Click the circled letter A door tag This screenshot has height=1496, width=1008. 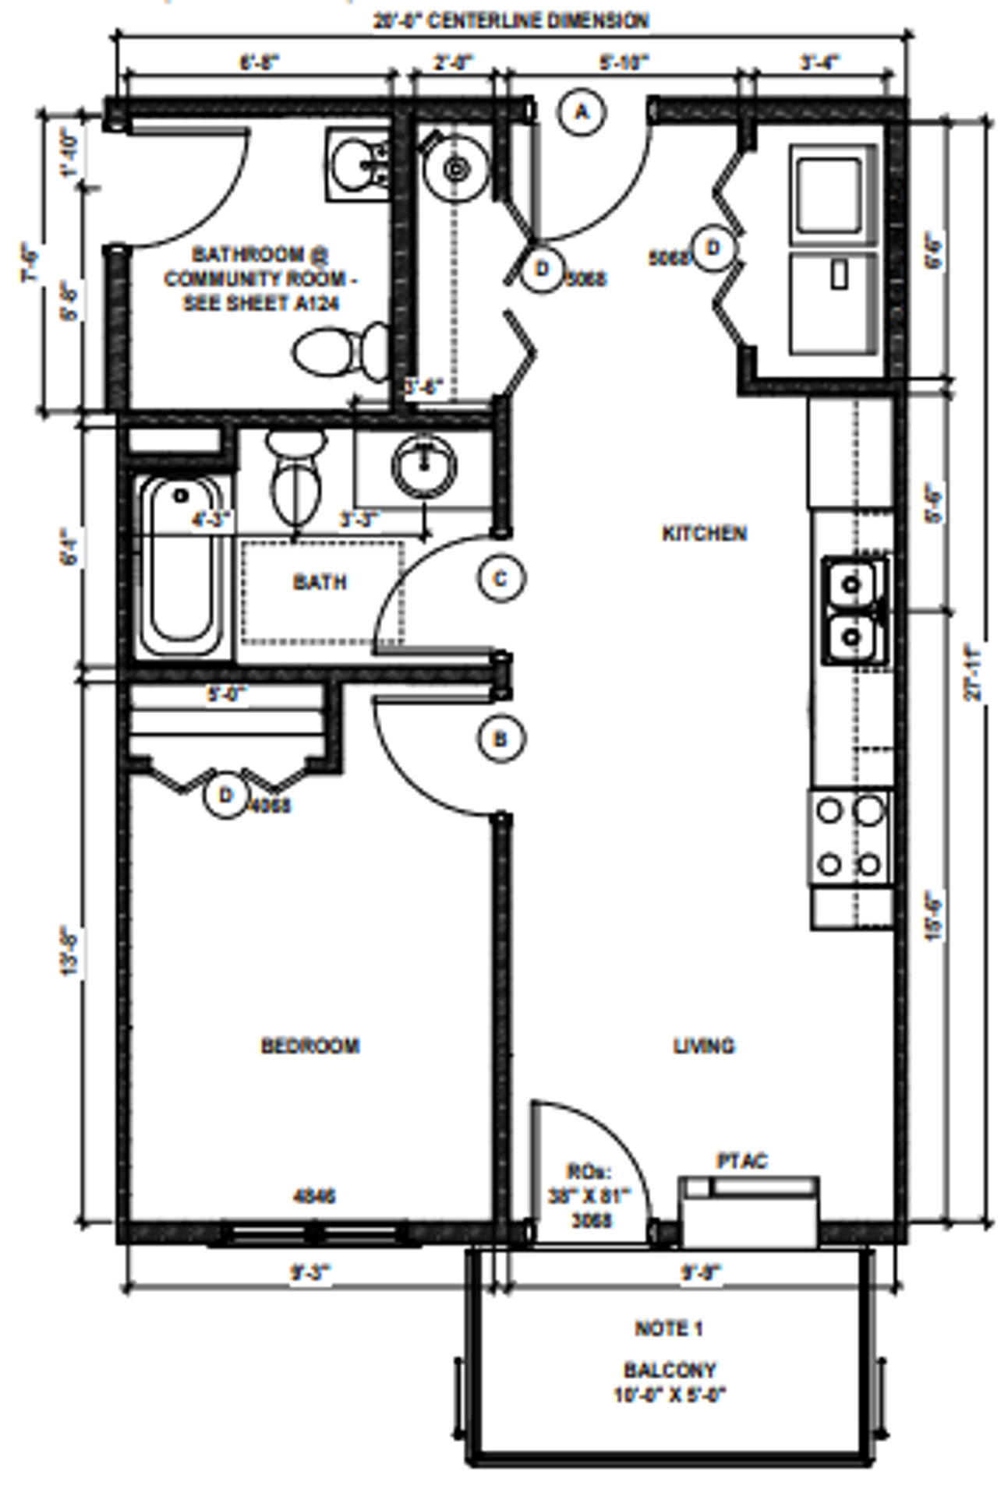pyautogui.click(x=581, y=112)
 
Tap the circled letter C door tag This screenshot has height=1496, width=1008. pyautogui.click(x=501, y=579)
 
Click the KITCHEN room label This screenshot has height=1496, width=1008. pyautogui.click(x=704, y=534)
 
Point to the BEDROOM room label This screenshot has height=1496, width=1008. pyautogui.click(x=310, y=1046)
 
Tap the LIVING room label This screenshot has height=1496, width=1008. pyautogui.click(x=704, y=1046)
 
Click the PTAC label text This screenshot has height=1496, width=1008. pyautogui.click(x=741, y=1161)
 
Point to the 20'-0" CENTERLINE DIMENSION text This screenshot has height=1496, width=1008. pyautogui.click(x=511, y=20)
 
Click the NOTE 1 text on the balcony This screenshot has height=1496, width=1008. pyautogui.click(x=669, y=1328)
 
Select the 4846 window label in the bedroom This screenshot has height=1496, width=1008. pyautogui.click(x=314, y=1195)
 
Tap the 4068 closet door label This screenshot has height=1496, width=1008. pyautogui.click(x=269, y=806)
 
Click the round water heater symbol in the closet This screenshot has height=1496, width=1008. pyautogui.click(x=455, y=168)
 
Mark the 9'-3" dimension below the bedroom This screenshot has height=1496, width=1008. pyautogui.click(x=310, y=1273)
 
